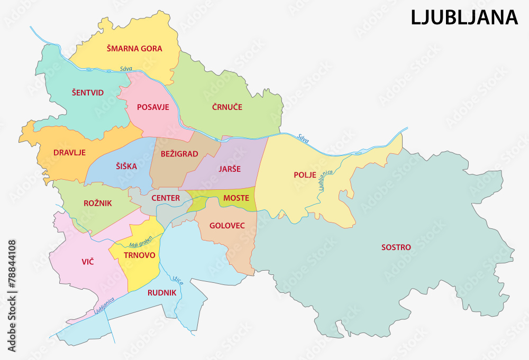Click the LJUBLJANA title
tap(464, 17)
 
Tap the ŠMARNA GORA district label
tap(134, 49)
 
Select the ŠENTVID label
tap(88, 93)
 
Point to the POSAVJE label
tap(153, 107)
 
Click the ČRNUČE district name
tap(227, 107)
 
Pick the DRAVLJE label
tap(70, 153)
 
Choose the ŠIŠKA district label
tap(126, 166)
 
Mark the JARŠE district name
tap(230, 169)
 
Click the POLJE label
tap(305, 174)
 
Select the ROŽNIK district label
tap(98, 202)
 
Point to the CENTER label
tap(166, 198)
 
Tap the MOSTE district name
tap(236, 198)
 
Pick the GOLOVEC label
tap(227, 225)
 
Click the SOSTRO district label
tap(396, 247)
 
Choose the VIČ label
tap(88, 261)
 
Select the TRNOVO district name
tap(139, 255)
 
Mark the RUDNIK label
tap(162, 292)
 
